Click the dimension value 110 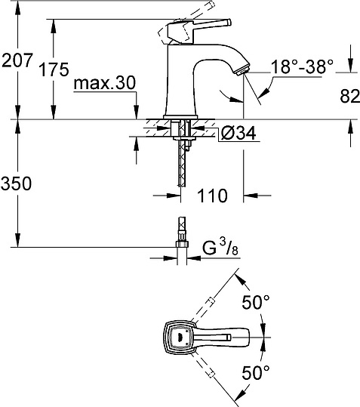pyautogui.click(x=213, y=196)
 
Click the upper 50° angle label pyautogui.click(x=256, y=302)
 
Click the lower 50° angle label pyautogui.click(x=256, y=372)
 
